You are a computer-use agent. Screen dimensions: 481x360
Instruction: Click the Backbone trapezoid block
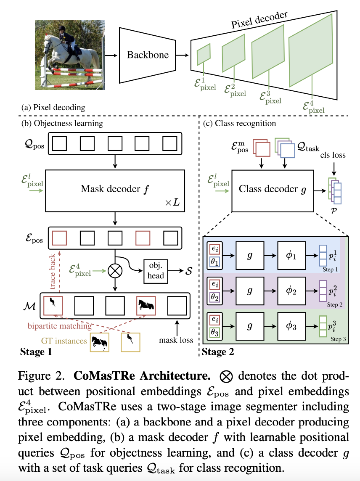148,55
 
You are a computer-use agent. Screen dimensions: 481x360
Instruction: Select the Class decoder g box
272,189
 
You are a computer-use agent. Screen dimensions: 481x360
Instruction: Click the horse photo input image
69,55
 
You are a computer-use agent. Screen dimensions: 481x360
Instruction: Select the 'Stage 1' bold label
36,351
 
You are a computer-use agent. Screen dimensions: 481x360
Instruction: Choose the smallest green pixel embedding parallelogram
204,53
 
